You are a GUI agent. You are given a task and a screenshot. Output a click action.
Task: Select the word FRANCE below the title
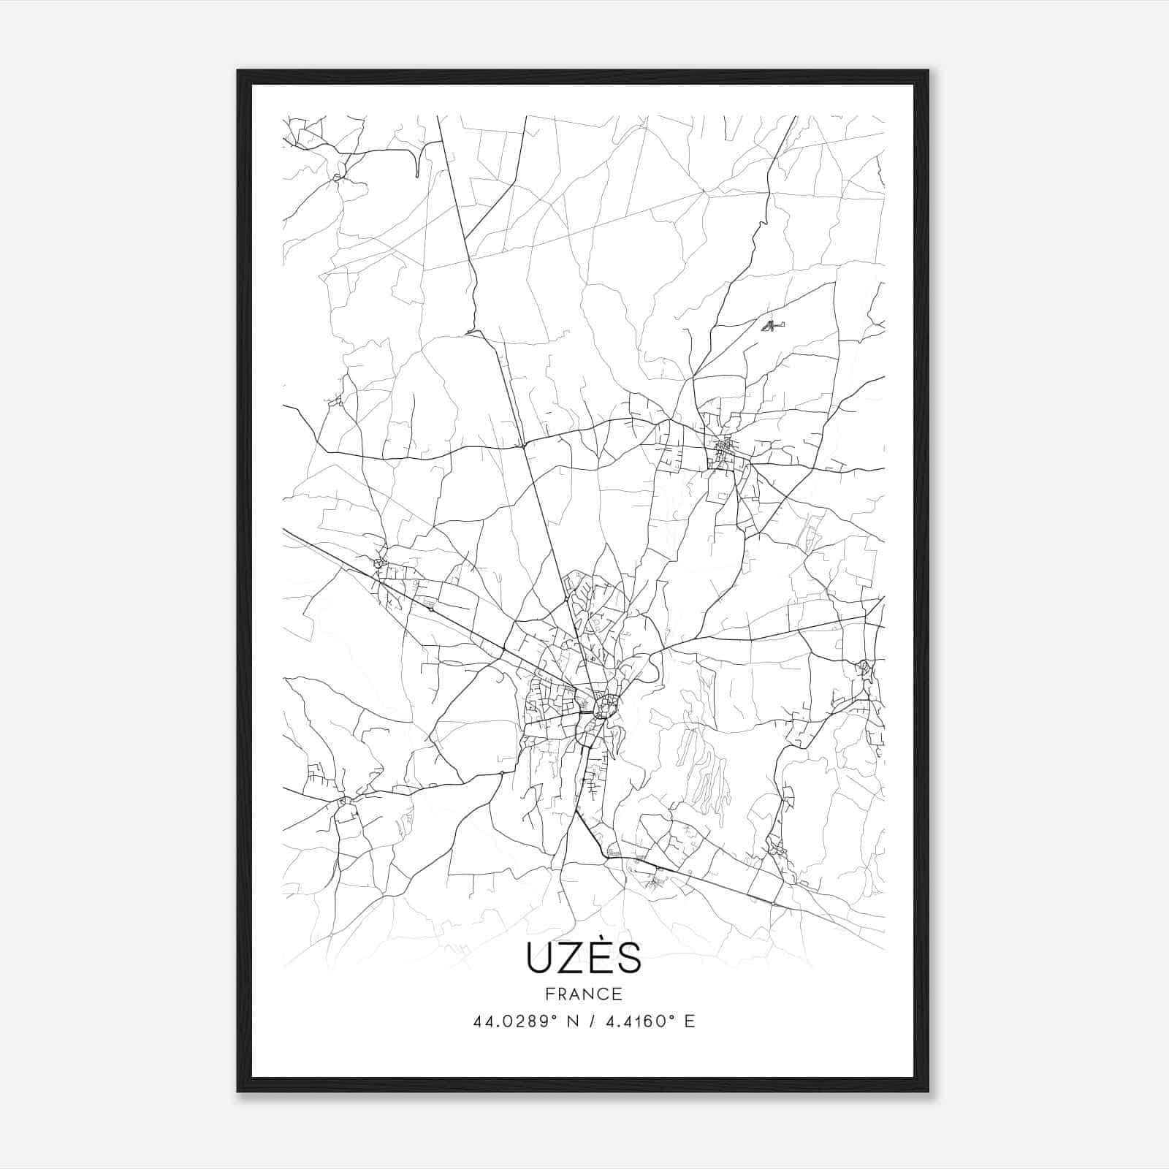point(583,994)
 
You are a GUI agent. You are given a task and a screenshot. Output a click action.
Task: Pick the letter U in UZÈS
point(539,959)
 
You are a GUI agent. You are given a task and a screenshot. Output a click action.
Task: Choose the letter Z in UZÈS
point(571,959)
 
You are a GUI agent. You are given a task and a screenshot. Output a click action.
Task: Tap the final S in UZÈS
point(628,959)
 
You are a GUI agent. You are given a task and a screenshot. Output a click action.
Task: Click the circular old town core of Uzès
point(606,707)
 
